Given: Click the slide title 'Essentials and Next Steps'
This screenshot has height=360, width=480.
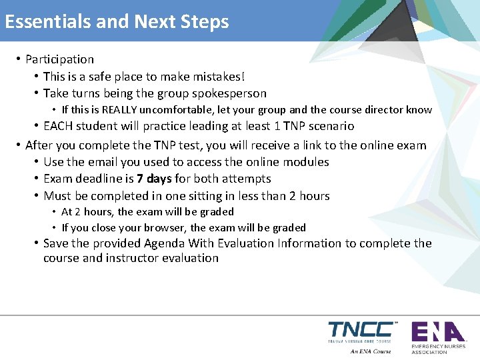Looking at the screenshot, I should click(117, 22).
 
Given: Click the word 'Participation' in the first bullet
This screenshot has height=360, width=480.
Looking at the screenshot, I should click(59, 60).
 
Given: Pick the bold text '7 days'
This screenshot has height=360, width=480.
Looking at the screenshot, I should click(154, 179).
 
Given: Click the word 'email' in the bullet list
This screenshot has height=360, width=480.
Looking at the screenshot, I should click(103, 162).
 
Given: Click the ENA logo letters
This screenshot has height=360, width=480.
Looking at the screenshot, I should click(437, 331).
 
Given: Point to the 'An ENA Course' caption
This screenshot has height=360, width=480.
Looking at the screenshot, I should click(370, 351).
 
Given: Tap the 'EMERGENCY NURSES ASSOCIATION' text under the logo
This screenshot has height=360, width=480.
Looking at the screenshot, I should click(438, 349).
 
